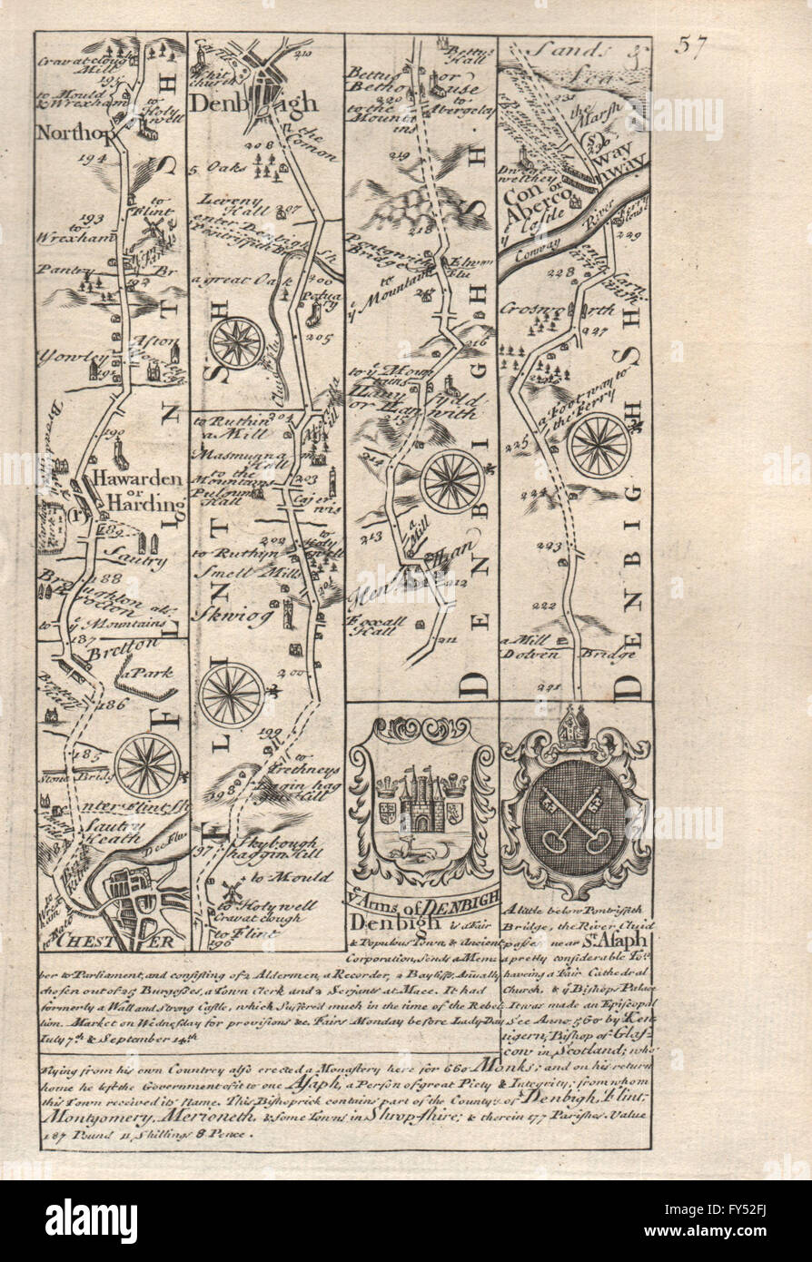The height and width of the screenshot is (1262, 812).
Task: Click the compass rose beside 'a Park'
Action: pos(147,764)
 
